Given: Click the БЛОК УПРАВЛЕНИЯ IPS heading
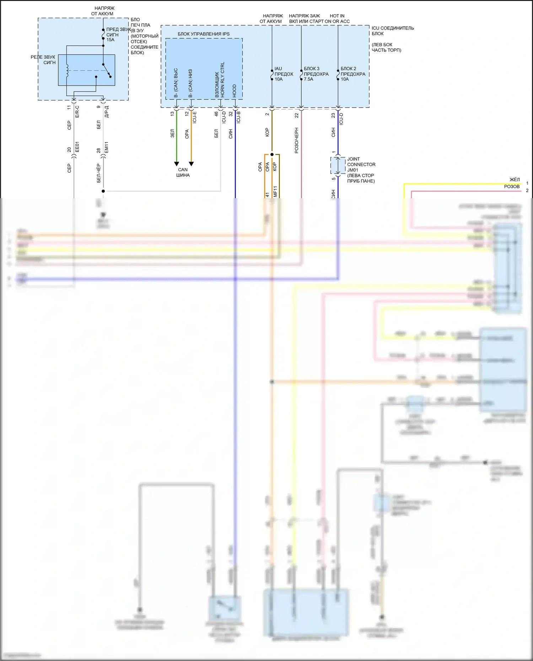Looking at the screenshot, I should pos(204,34).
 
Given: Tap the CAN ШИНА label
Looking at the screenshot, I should pos(183,172).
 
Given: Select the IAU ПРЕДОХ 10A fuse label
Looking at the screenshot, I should pos(284,74).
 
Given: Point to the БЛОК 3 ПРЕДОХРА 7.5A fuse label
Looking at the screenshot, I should pos(316,74).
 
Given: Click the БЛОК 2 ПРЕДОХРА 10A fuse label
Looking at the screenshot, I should pos(352,74).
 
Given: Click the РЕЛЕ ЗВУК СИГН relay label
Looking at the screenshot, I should pos(43,60).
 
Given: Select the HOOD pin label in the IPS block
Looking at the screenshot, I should pos(235,91).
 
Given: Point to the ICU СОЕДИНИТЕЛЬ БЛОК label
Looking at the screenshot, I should pos(392,31).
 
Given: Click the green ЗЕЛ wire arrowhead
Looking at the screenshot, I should pos(177,164).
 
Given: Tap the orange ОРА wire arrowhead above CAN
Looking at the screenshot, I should pos(191,164).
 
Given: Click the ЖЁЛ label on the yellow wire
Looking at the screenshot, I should pos(514,180).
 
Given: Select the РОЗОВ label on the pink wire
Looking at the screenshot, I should pos(511,186).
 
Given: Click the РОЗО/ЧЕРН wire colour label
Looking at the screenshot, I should pos(297,141).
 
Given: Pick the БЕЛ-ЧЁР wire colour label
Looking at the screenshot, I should pos(99,173).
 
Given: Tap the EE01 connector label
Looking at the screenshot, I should pos(77,147).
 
